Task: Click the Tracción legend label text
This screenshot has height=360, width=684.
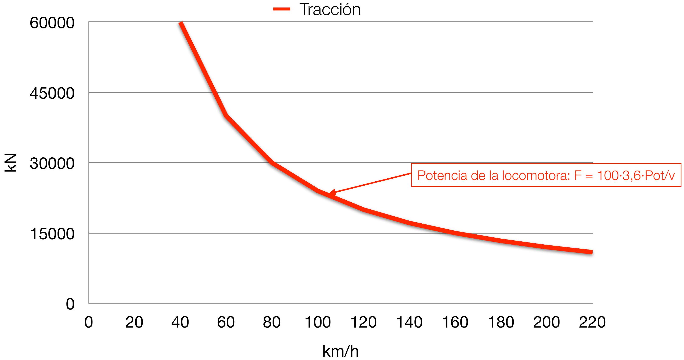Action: click(x=330, y=10)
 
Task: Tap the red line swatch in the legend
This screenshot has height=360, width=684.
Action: click(x=282, y=9)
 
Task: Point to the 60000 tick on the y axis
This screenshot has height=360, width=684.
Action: click(x=52, y=23)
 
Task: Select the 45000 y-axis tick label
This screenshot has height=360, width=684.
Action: click(x=52, y=93)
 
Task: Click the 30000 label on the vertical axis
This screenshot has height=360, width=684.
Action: click(x=52, y=163)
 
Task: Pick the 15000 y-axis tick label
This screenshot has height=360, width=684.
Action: click(x=52, y=234)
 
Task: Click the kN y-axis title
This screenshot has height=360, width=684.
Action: click(x=11, y=162)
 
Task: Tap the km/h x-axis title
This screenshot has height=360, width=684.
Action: click(x=340, y=351)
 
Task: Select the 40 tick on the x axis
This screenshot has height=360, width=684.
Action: click(x=180, y=322)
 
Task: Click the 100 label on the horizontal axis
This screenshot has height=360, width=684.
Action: click(x=318, y=322)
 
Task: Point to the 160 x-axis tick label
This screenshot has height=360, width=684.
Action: click(x=455, y=322)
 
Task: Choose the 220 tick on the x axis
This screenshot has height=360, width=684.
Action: click(x=592, y=322)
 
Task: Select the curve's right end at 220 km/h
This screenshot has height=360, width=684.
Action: click(x=592, y=252)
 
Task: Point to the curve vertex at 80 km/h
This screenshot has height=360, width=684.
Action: click(x=272, y=162)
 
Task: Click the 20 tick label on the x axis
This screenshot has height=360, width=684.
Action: click(x=134, y=322)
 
